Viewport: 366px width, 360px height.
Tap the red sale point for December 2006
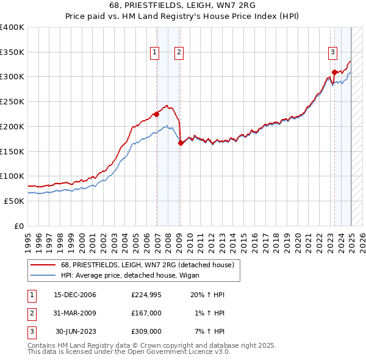pyautogui.click(x=157, y=113)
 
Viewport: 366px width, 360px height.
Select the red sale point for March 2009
pyautogui.click(x=181, y=143)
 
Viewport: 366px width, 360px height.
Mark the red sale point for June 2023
pyautogui.click(x=334, y=72)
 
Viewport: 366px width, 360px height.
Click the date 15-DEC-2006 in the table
pyautogui.click(x=75, y=295)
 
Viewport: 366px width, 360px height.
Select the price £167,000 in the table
pyautogui.click(x=146, y=313)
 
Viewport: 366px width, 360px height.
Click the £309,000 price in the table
pyautogui.click(x=146, y=331)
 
